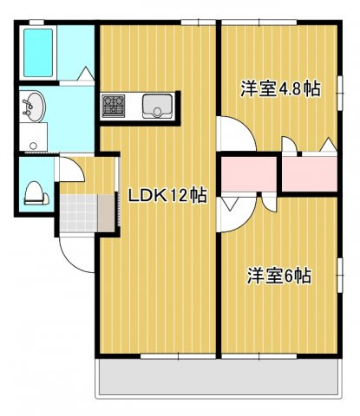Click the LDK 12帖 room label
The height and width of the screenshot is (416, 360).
point(167,196)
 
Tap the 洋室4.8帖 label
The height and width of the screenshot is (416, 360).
point(280,88)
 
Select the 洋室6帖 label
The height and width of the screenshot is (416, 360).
point(278,276)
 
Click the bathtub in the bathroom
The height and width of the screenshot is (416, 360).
point(38,53)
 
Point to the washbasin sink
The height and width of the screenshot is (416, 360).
point(33,107)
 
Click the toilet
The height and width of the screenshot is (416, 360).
point(36,193)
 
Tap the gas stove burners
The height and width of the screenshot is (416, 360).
point(114,106)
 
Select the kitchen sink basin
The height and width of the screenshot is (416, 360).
point(158,107)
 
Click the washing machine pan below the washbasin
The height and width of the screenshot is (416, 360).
point(33,137)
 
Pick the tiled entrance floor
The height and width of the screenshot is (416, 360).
point(79,213)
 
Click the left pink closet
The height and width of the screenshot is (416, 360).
point(249,174)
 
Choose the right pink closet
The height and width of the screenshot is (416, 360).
point(310,174)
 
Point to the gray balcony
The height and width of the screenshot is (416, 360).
point(219,377)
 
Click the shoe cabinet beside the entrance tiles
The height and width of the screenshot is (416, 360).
point(106,213)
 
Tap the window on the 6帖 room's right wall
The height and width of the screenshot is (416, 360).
point(340,276)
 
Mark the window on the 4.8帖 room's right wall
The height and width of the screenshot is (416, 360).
point(340,93)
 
